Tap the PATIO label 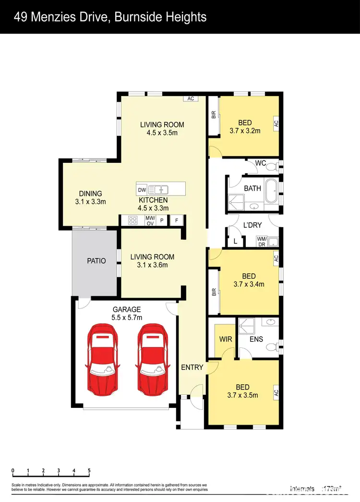(x=96, y=261)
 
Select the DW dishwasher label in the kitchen (x=142, y=189)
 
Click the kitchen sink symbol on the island (x=157, y=189)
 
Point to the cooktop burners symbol (x=132, y=220)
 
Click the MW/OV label (x=150, y=220)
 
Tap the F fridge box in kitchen (x=177, y=220)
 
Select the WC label (x=261, y=163)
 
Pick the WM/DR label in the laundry (x=262, y=241)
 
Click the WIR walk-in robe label (x=226, y=339)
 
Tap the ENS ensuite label (x=257, y=339)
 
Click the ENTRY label (x=192, y=367)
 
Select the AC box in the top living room (x=191, y=98)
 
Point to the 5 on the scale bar (x=89, y=470)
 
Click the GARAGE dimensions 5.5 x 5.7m (x=127, y=318)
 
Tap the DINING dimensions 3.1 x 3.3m (x=90, y=202)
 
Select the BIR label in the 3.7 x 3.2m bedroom (x=214, y=115)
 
